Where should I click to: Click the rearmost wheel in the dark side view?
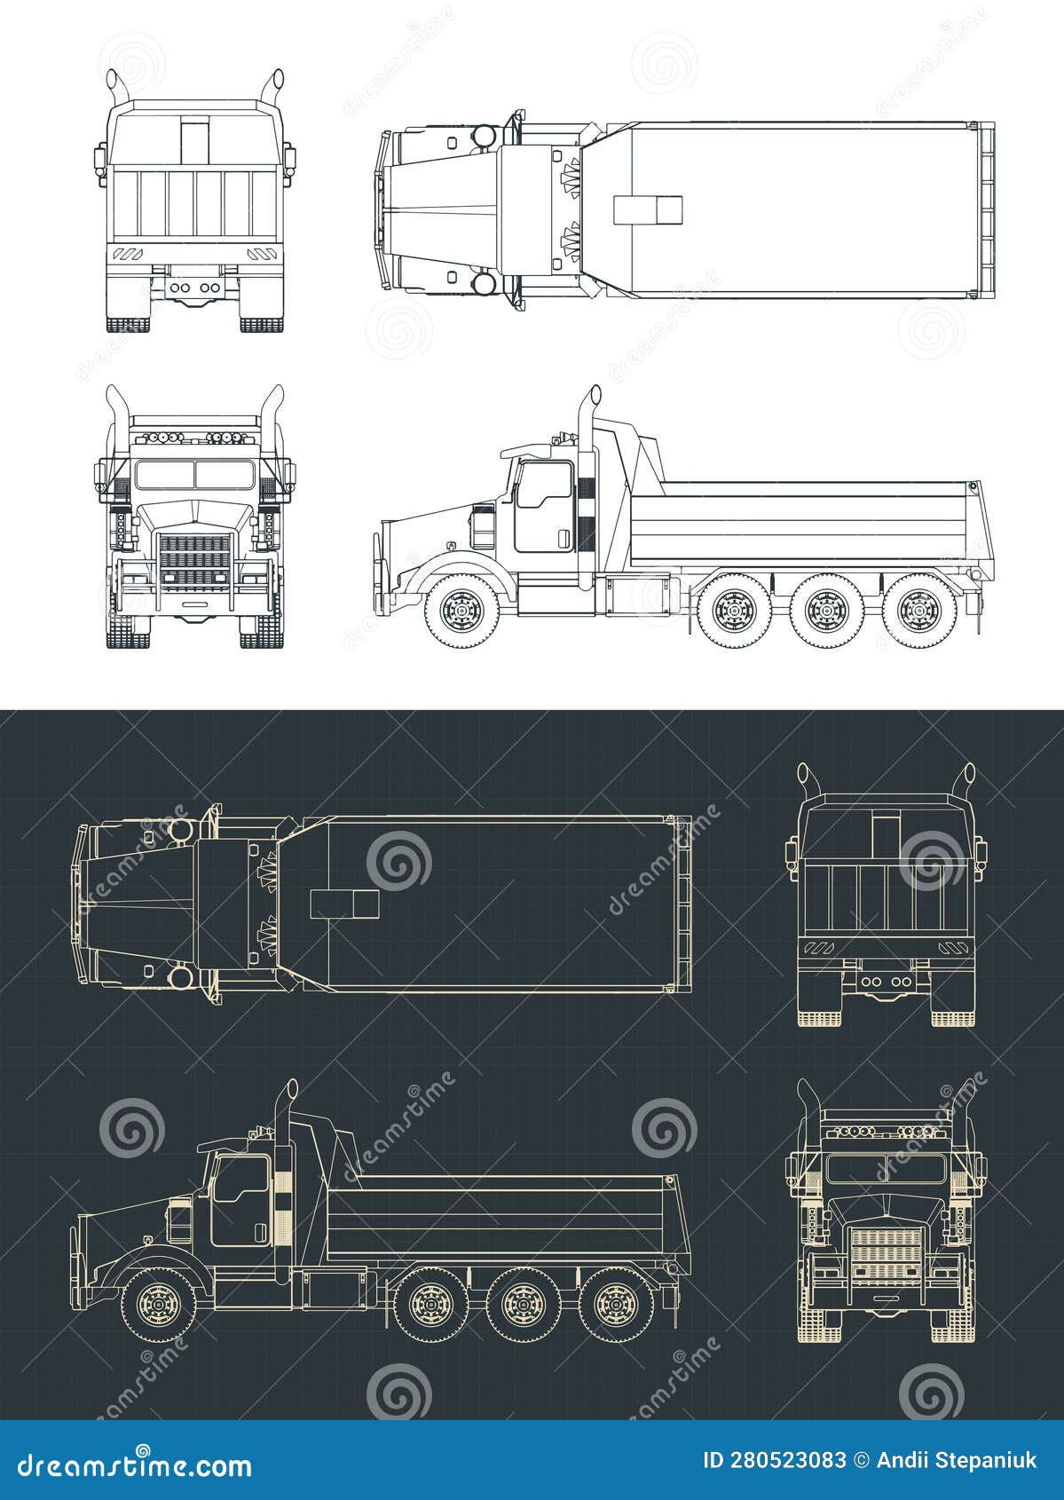point(612,1304)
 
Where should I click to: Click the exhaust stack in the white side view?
point(587,497)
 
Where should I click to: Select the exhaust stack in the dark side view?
point(283,1189)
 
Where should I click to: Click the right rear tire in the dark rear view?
point(952,1006)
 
